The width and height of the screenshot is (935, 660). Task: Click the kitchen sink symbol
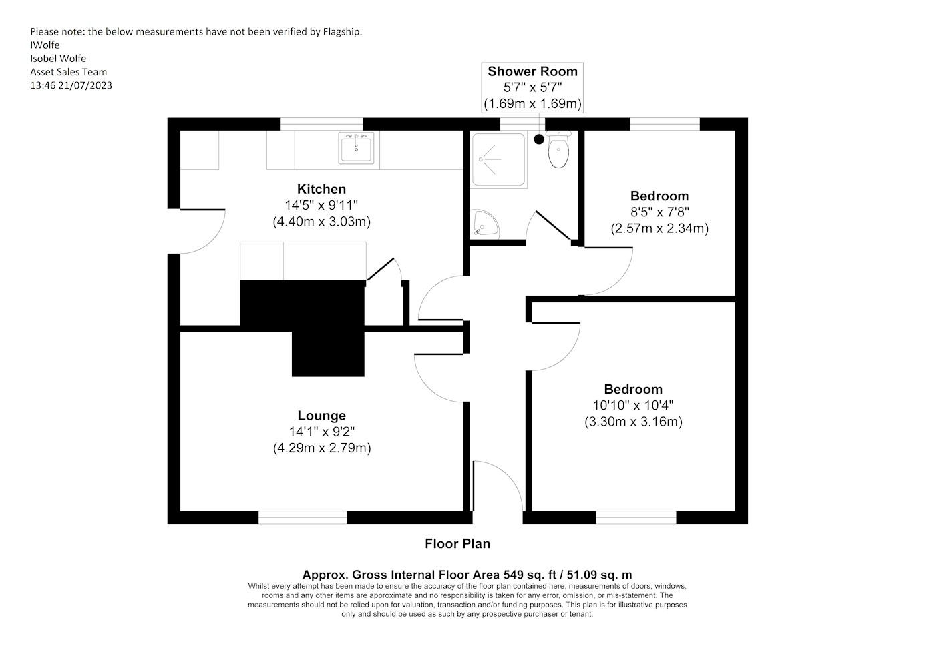pyautogui.click(x=356, y=148)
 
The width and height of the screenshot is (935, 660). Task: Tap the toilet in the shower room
pyautogui.click(x=558, y=149)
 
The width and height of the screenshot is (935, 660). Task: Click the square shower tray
pyautogui.click(x=498, y=159)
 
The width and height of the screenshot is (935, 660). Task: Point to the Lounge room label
pyautogui.click(x=321, y=416)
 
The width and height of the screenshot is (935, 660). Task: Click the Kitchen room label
pyautogui.click(x=321, y=189)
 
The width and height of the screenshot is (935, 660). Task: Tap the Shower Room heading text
pyautogui.click(x=533, y=71)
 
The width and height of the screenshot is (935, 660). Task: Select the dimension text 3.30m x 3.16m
pyautogui.click(x=633, y=422)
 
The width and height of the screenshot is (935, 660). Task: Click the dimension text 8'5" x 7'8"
pyautogui.click(x=660, y=212)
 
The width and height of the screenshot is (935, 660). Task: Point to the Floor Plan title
pyautogui.click(x=457, y=543)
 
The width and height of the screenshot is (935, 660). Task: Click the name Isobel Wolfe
pyautogui.click(x=58, y=59)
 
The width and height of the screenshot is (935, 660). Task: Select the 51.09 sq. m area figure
pyautogui.click(x=600, y=575)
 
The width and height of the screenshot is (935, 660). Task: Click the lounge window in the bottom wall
pyautogui.click(x=303, y=517)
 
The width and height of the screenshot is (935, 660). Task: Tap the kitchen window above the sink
pyautogui.click(x=322, y=124)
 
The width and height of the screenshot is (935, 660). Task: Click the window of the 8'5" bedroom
pyautogui.click(x=665, y=124)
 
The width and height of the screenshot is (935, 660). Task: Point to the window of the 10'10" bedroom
pyautogui.click(x=636, y=517)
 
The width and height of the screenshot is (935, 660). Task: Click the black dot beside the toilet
pyautogui.click(x=539, y=139)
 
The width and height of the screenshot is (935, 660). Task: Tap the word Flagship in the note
pyautogui.click(x=342, y=32)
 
